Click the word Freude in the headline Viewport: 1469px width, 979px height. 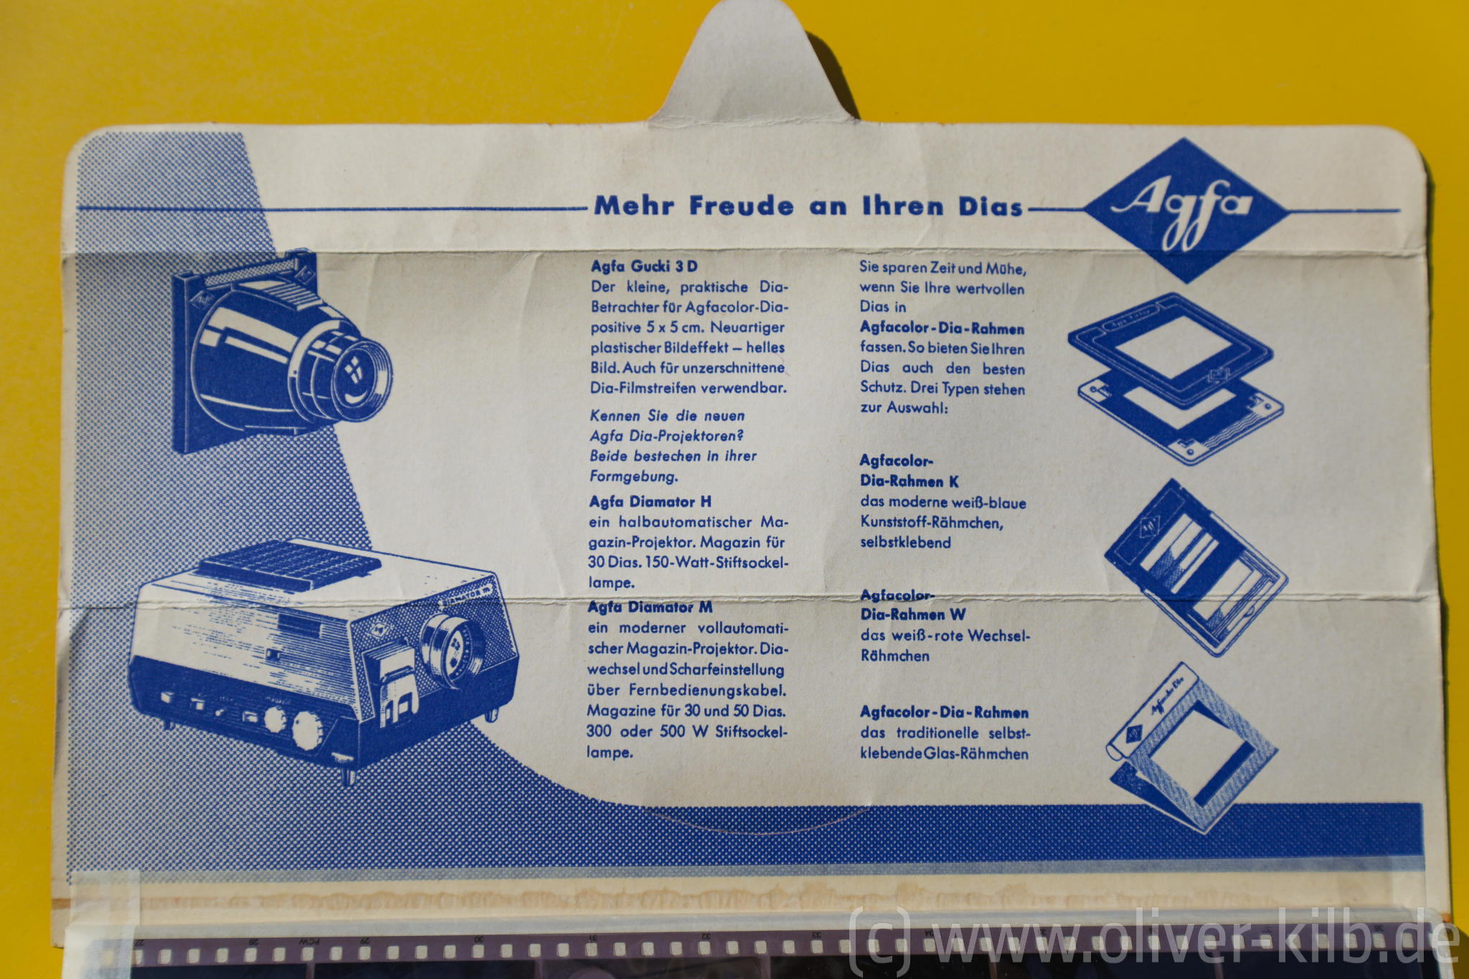point(741,206)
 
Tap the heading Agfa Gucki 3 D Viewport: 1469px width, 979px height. point(643,266)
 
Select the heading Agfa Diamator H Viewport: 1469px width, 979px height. point(650,501)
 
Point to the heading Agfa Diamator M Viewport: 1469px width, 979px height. point(650,607)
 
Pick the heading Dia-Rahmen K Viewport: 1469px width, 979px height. point(910,481)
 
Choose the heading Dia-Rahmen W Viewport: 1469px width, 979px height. point(913,615)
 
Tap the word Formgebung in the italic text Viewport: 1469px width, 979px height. point(633,476)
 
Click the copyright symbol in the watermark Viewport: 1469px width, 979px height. point(879,941)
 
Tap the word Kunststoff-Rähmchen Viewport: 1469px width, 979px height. point(932,522)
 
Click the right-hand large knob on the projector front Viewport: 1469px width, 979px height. point(308,729)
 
